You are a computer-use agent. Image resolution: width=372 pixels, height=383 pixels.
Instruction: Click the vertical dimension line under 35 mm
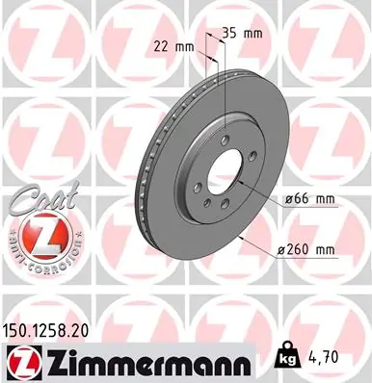coord(225,77)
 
